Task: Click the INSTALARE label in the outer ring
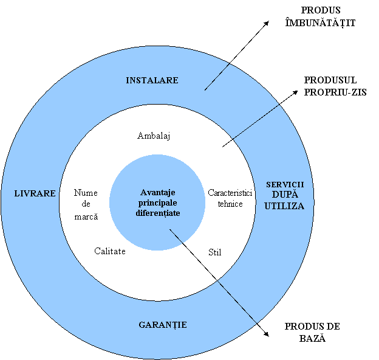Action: pos(152,80)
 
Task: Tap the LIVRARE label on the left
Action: pos(35,193)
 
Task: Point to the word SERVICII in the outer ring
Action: pos(285,184)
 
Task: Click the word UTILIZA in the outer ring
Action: pos(285,206)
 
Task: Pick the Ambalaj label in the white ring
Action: pos(154,136)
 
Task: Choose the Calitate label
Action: pos(110,251)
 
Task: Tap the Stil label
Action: pos(215,252)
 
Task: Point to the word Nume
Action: pos(86,193)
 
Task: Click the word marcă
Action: pos(86,216)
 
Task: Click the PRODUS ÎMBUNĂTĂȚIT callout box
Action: pos(321,21)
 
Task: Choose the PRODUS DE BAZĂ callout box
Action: pos(313,337)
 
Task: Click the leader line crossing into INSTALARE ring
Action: pos(217,77)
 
